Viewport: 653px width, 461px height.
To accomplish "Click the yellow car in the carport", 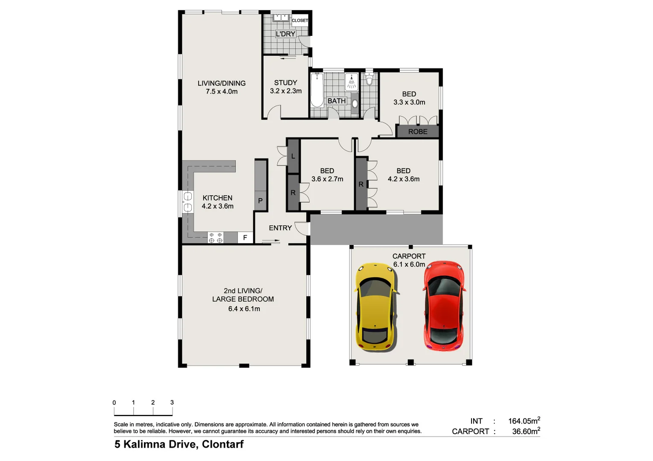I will coord(375,307).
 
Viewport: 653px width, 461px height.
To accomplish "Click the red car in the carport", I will coord(444,306).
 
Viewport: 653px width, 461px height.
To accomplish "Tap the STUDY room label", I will coord(285,83).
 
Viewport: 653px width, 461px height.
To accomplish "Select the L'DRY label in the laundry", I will coord(285,34).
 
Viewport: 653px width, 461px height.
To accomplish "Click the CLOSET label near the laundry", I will coord(300,20).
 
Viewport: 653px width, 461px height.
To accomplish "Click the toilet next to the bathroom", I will coord(369,79).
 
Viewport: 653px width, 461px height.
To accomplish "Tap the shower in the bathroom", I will coord(351,82).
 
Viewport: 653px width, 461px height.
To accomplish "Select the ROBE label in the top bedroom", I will coord(417,132).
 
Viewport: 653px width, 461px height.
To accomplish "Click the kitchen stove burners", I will coord(215,238).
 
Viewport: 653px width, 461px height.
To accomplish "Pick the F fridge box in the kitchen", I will coord(245,238).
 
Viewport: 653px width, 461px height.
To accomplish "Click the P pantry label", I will coord(260,201).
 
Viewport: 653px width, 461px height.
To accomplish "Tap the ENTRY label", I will coord(280,228).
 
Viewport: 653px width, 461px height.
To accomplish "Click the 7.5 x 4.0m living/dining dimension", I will coord(222,91).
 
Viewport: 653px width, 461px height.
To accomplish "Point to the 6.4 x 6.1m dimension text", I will coord(244,309).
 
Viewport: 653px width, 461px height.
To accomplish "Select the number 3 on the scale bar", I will coord(172,403).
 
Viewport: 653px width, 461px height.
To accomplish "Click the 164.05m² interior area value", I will coord(524,421).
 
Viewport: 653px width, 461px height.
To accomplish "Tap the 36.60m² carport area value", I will coord(526,431).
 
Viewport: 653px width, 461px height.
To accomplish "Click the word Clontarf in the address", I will coord(223,444).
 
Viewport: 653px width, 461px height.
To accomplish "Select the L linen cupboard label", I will coord(293,156).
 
